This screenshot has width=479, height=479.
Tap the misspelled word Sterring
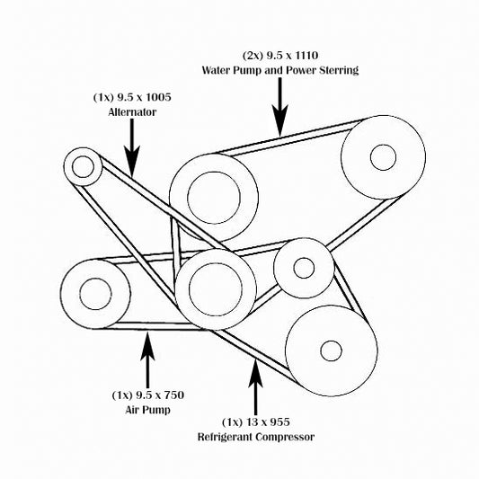click(x=339, y=70)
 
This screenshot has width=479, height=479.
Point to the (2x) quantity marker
click(x=253, y=56)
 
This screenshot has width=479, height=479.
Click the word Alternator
click(x=132, y=112)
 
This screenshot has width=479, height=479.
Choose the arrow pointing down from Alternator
click(x=132, y=147)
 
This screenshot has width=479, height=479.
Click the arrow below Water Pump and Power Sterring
click(x=280, y=107)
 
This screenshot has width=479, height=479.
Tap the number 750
click(x=173, y=395)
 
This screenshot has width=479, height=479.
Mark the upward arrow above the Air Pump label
click(x=147, y=360)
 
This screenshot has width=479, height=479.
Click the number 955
click(x=278, y=422)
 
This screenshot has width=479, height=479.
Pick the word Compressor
click(x=285, y=437)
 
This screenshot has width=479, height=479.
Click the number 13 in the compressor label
click(x=253, y=422)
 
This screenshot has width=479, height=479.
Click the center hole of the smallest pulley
click(x=83, y=166)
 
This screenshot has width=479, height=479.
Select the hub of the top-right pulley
click(x=383, y=157)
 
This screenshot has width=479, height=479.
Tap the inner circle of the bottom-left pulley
click(x=95, y=294)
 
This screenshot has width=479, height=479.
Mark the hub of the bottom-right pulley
click(x=331, y=350)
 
